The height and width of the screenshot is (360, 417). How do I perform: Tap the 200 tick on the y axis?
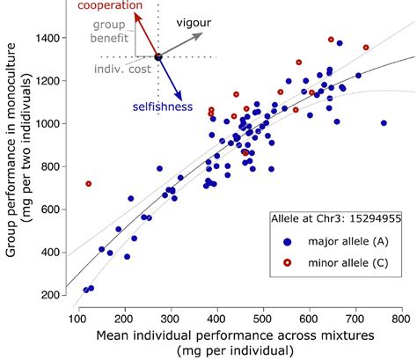[52, 295]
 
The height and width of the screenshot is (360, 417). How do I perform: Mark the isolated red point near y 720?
[88, 184]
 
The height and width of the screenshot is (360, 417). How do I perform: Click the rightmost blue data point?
[384, 123]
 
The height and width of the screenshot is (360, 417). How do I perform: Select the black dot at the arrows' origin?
[158, 57]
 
